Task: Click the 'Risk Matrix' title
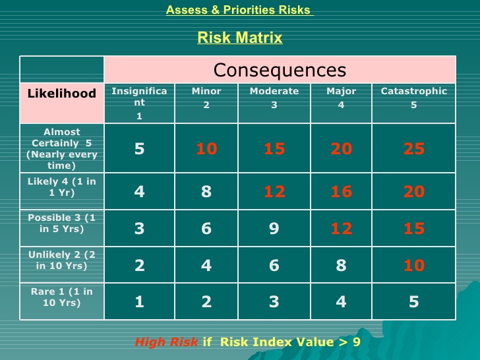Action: coord(240,38)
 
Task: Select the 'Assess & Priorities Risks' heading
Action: coord(240,10)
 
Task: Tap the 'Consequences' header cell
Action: coord(280,70)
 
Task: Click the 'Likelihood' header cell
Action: coord(62,103)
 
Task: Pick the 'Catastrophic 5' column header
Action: coord(414,104)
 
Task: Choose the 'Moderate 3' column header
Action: coord(274,104)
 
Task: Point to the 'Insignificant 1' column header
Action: coord(139,104)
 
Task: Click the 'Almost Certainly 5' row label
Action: coord(62,148)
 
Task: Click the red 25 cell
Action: coord(414,149)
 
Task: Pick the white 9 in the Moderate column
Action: coord(274,228)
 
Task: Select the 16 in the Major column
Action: coord(342,192)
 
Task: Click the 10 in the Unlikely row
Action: coord(414,265)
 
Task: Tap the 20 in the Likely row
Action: coord(414,192)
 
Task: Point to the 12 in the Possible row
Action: coord(342,228)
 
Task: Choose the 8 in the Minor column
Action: coord(206,192)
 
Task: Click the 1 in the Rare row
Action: coord(139,302)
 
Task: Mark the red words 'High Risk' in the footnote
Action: coord(166,342)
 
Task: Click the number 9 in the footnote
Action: coord(356,342)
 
